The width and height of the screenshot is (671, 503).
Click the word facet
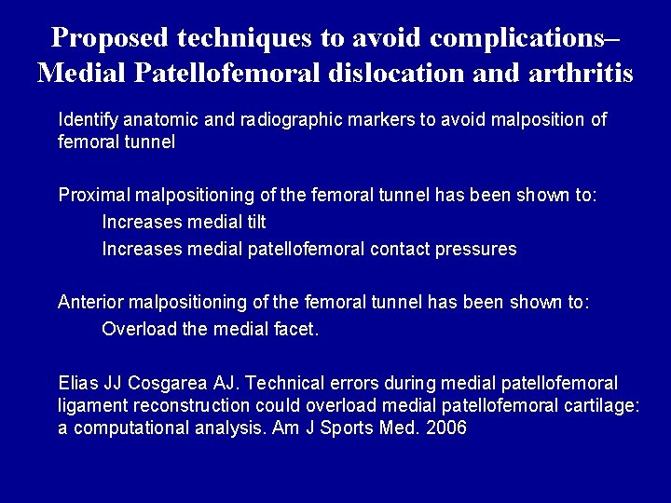pos(297,330)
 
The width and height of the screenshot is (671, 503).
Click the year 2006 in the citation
pos(446,428)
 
